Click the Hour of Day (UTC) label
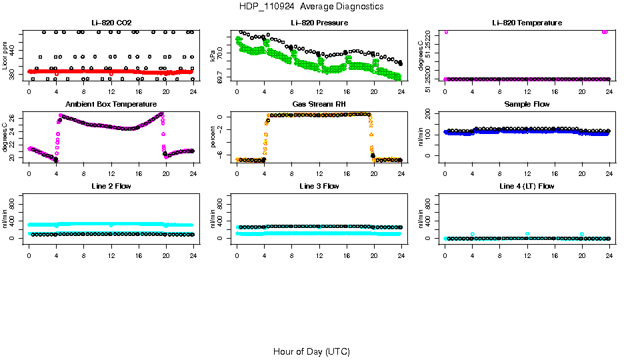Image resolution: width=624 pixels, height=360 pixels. [311, 351]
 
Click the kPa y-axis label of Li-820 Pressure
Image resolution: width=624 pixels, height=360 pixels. [214, 56]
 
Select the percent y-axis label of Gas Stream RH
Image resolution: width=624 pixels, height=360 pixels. [214, 137]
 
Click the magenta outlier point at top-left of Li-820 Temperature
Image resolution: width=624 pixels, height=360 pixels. [445, 31]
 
